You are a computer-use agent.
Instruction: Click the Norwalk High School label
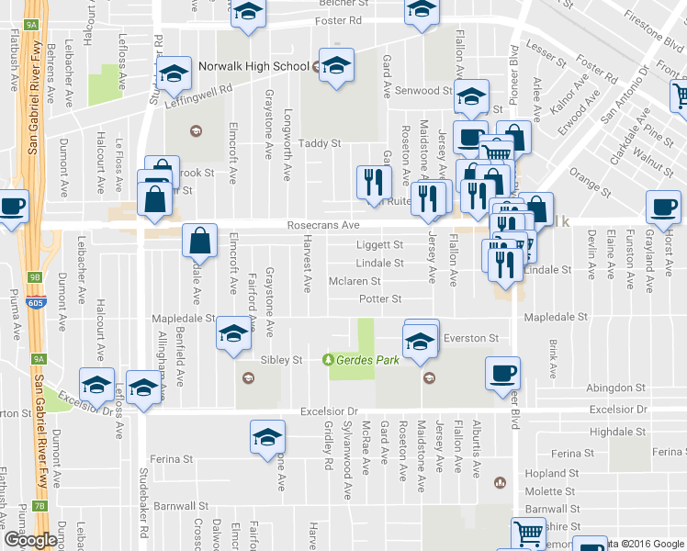253,66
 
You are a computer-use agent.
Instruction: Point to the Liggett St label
379,245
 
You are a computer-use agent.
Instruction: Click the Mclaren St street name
355,281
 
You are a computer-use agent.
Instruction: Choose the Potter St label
380,298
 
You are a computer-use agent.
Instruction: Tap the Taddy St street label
321,143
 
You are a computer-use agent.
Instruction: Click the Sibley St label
282,360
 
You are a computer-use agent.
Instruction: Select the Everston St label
470,338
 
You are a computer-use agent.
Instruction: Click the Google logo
29,539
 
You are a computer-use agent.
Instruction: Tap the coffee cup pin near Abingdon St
503,375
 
